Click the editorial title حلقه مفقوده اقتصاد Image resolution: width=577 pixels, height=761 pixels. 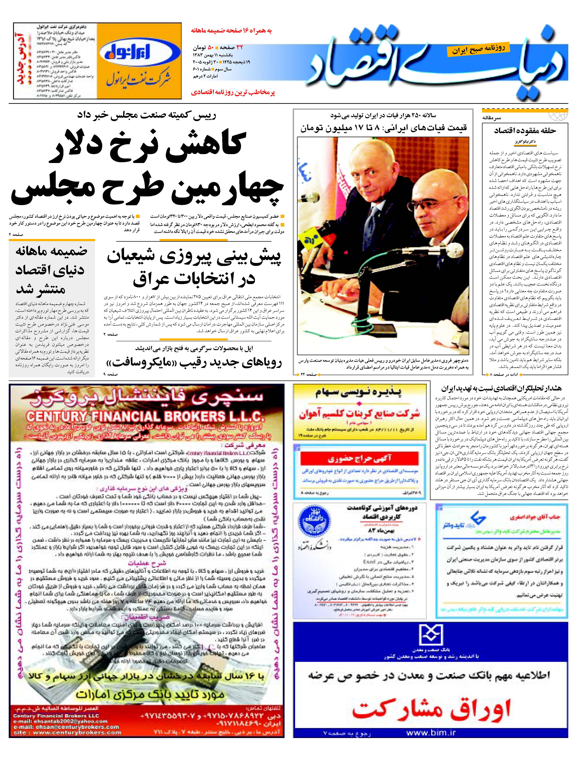click(525, 131)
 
